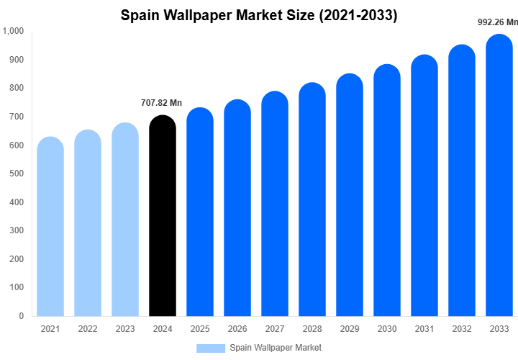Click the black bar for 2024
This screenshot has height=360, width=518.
click(162, 216)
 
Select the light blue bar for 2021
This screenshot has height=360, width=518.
click(50, 227)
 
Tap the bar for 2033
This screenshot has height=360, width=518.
click(499, 176)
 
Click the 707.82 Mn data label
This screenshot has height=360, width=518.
click(162, 103)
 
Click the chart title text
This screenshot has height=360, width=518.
click(259, 15)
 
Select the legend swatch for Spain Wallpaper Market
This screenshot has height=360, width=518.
click(211, 348)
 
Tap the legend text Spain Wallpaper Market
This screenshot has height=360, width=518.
click(276, 348)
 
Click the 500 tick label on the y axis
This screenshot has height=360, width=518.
click(16, 174)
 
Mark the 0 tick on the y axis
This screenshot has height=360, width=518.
click(21, 316)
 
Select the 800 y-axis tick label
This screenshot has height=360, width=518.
click(16, 88)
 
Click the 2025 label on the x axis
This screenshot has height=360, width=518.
click(200, 329)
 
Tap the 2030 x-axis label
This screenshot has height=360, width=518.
click(387, 329)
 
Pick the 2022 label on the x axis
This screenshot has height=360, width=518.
click(88, 329)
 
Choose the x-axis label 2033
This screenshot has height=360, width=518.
click(499, 329)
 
